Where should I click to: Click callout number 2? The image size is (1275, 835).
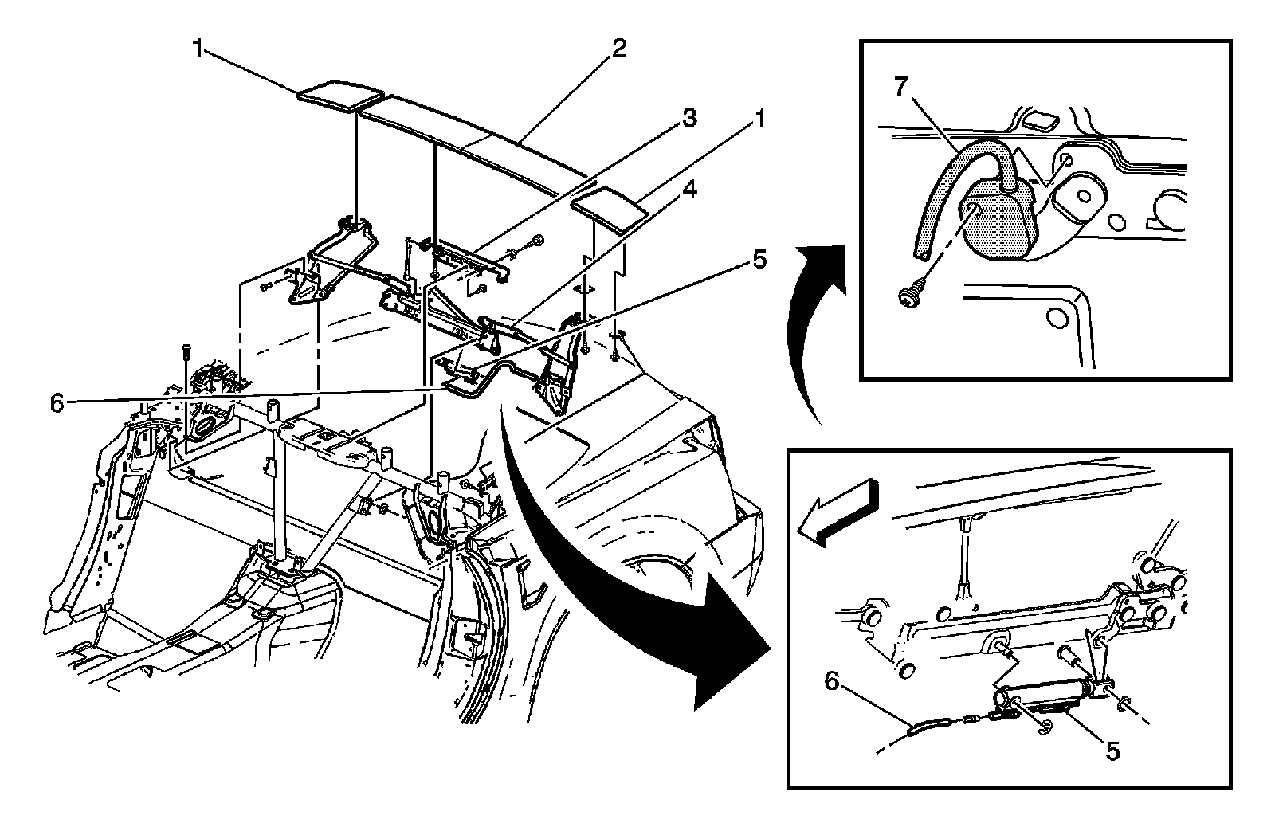coord(618,48)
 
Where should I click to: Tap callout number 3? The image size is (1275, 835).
coord(688,119)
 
